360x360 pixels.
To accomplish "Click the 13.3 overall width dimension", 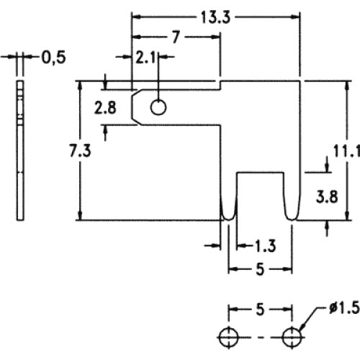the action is point(215,17).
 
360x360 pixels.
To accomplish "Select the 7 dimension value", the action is point(176,37).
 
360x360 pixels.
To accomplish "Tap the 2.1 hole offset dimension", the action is point(145,57).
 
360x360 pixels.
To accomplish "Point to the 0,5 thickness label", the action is point(53,58).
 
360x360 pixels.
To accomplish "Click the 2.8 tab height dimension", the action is point(105,107).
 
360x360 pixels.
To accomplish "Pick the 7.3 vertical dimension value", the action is point(80,151).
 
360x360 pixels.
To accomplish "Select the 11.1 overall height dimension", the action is point(346,152).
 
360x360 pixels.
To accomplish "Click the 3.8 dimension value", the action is point(327,197).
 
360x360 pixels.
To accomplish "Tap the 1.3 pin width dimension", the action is point(265,246).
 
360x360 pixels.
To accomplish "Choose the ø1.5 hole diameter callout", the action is point(344,307).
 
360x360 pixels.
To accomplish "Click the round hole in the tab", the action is point(158,107).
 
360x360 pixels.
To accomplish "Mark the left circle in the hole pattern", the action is point(228,337).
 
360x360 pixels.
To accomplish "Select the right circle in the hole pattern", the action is point(292,337).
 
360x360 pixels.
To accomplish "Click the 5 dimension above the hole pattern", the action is point(260,310).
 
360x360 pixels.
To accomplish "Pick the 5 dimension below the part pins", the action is point(260,269).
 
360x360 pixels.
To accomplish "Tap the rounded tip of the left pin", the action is point(228,220).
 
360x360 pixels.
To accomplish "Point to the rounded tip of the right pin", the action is point(292,220).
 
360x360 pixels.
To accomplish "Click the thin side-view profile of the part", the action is point(20,150).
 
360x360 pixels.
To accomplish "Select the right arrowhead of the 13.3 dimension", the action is point(295,17).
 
